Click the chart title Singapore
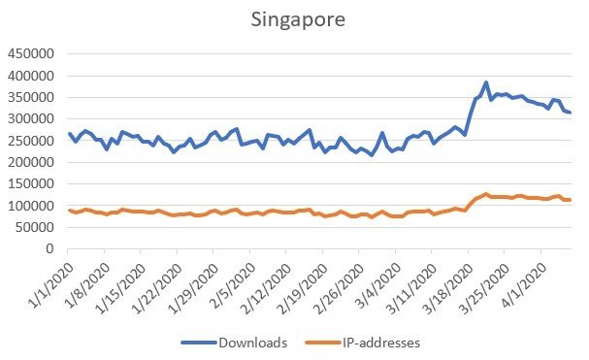click(x=294, y=18)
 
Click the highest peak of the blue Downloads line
click(x=486, y=82)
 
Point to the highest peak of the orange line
click(x=486, y=194)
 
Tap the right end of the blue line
click(x=571, y=113)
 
